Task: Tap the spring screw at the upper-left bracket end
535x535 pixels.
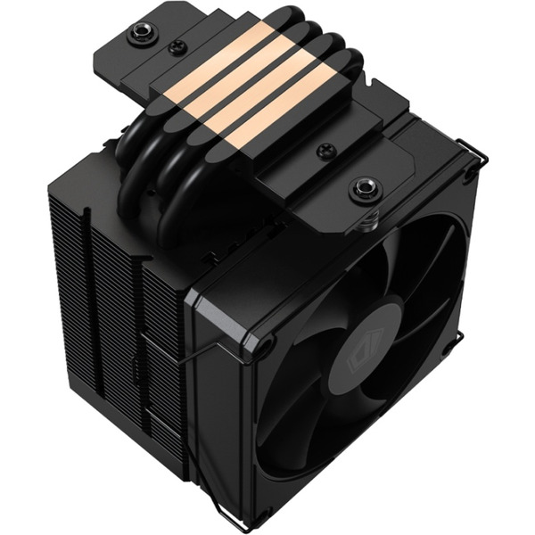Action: click(x=140, y=35)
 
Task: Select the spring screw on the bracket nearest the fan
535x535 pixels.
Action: click(x=365, y=188)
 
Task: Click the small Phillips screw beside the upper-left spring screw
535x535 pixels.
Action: click(x=178, y=48)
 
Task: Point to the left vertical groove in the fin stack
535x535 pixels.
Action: click(x=89, y=294)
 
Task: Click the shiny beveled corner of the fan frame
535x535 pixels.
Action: click(x=201, y=308)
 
